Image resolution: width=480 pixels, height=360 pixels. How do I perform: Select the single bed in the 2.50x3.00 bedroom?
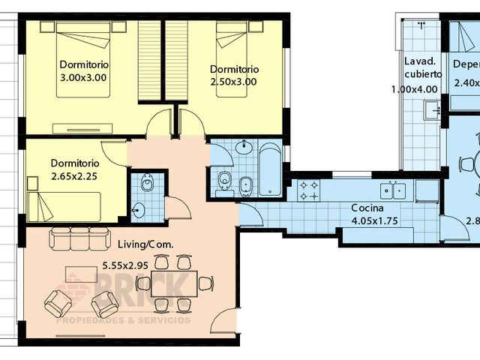coord(233,41)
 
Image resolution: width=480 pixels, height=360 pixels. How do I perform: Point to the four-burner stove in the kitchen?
coord(308,190)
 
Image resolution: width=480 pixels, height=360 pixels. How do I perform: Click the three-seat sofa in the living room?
coord(79,239)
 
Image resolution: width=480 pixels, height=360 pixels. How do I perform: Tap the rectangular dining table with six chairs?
coord(173,283)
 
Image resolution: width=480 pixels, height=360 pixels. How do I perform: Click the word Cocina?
coord(367,208)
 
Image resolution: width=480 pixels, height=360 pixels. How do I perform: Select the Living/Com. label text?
coord(146,244)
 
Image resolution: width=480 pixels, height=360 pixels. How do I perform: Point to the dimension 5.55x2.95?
coord(146,265)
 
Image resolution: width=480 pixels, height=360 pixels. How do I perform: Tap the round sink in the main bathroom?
coord(244,147)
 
